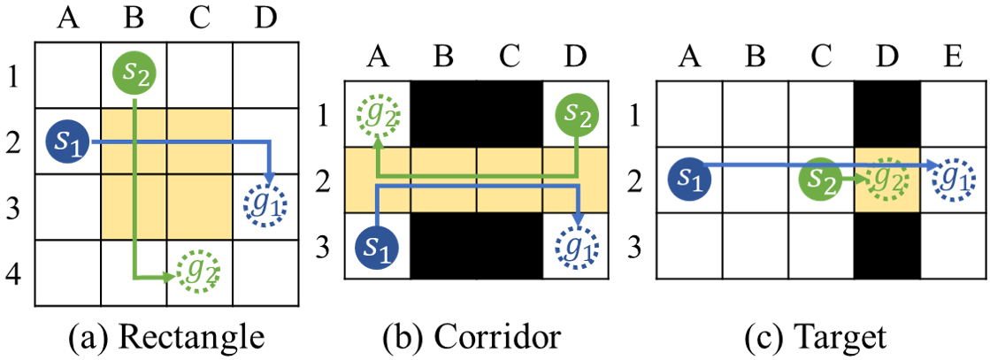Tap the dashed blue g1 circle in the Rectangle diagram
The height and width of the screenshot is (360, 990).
266,205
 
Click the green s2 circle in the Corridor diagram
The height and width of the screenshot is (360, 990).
576,114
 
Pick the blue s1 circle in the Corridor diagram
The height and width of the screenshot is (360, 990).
377,245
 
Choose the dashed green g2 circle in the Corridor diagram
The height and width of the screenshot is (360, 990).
378,114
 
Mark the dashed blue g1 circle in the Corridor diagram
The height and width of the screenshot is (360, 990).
576,245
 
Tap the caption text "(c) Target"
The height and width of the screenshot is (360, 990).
822,337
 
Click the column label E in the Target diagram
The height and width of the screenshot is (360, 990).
954,58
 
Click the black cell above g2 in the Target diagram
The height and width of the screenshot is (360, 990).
887,113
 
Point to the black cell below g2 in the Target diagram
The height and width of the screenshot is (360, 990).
887,244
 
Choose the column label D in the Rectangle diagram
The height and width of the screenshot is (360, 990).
266,16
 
